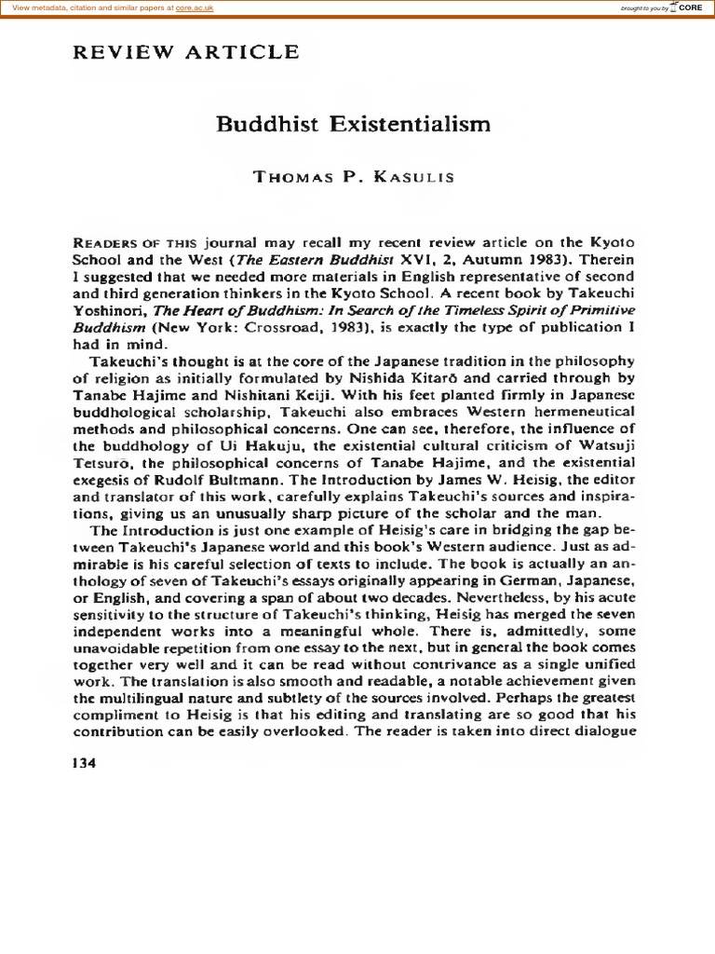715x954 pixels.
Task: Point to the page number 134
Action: point(83,761)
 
